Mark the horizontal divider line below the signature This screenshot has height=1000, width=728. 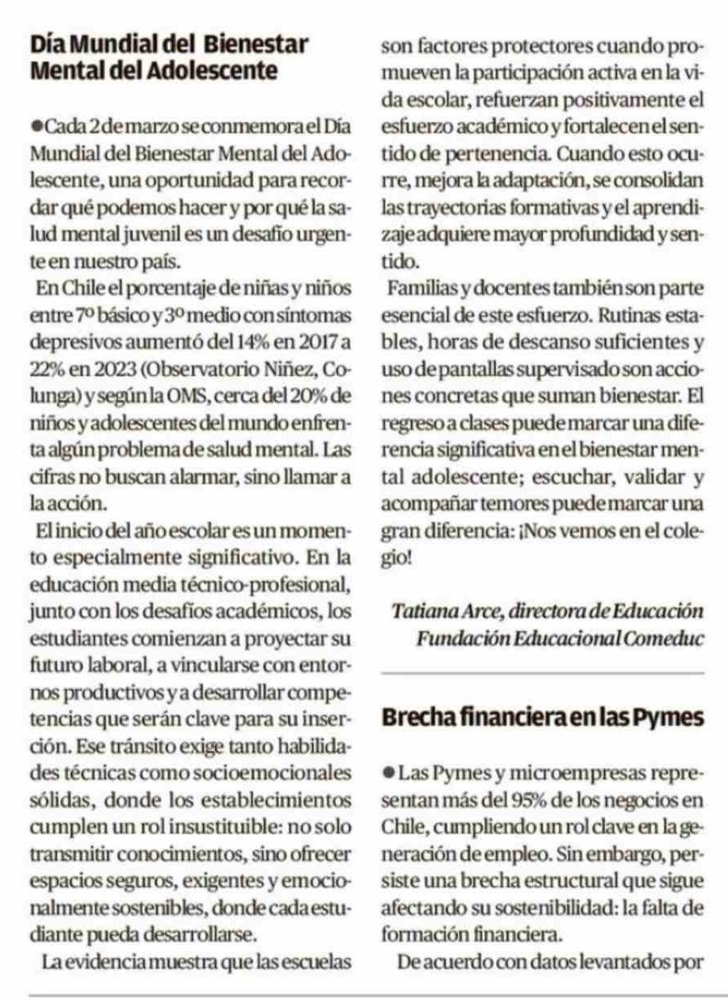pyautogui.click(x=542, y=673)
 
